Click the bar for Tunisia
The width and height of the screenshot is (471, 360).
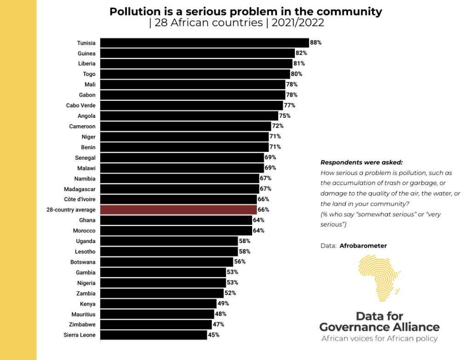tap(204, 43)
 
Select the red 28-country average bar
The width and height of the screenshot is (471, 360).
tap(178, 210)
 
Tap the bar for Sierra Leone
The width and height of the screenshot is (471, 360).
tap(153, 335)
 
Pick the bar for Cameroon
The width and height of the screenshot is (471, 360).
tap(185, 126)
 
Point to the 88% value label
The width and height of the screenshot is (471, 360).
tap(316, 43)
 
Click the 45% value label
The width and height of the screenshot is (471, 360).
tap(213, 335)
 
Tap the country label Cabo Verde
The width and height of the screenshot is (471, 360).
tap(81, 105)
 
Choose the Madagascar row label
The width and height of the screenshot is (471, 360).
tap(80, 189)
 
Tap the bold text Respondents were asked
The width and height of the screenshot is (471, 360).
tap(362, 163)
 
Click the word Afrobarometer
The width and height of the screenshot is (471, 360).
tap(363, 246)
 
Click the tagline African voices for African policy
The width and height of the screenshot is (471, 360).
tap(379, 339)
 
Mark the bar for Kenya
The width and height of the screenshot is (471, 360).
tap(158, 304)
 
